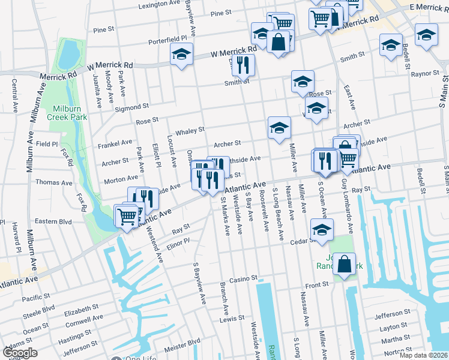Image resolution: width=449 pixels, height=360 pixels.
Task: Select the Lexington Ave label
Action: click(x=160, y=5)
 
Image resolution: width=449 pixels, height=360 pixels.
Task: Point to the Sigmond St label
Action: click(x=133, y=106)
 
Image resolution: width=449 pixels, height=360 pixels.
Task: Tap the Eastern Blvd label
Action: click(x=53, y=221)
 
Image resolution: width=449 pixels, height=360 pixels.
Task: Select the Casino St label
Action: click(x=243, y=279)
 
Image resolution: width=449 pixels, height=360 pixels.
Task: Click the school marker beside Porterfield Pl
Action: click(x=181, y=54)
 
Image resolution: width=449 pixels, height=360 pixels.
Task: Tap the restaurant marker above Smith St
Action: click(x=243, y=64)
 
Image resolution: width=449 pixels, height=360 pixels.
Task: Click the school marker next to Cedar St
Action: click(x=322, y=230)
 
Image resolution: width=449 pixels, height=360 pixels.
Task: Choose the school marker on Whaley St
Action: click(x=279, y=128)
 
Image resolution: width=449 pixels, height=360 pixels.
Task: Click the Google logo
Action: click(x=19, y=353)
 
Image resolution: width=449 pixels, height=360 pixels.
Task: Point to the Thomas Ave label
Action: click(x=53, y=182)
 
